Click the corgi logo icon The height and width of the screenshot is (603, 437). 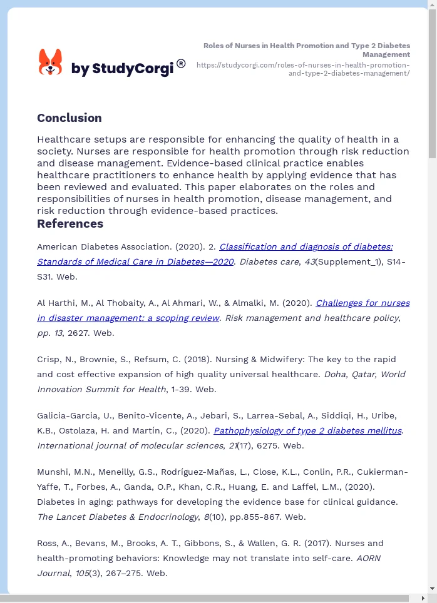coord(51,63)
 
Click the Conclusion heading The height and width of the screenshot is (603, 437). coord(69,118)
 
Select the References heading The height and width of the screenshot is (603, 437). coord(70,224)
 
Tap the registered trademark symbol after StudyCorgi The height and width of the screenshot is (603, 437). coord(181,63)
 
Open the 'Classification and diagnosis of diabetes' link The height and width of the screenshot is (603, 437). coord(306,247)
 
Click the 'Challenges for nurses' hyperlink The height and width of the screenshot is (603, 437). coord(362,303)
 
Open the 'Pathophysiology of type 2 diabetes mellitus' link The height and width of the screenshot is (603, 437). coord(307,431)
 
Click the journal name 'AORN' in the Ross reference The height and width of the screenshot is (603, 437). coord(368,559)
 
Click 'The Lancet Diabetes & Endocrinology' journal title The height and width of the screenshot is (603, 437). coord(117,517)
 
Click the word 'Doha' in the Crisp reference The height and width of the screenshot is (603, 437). coord(332,375)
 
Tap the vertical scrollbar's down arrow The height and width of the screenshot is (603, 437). coord(432,589)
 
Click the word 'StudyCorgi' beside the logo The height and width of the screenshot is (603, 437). coord(132,69)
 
